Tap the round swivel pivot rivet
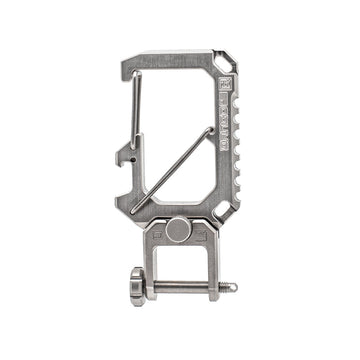point(178,230)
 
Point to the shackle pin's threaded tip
point(233,288)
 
